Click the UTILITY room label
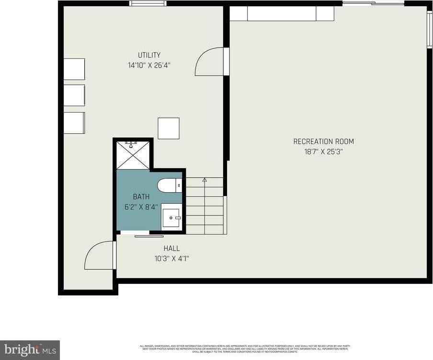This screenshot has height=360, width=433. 149,55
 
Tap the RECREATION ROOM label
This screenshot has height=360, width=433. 323,141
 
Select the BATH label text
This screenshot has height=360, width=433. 141,197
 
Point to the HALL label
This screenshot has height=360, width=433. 171,248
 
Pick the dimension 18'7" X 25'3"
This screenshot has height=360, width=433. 323,151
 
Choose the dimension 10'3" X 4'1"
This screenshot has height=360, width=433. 171,259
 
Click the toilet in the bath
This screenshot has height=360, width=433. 169,185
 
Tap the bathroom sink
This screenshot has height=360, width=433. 171,218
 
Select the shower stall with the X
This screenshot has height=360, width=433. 133,155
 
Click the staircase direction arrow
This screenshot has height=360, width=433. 205,180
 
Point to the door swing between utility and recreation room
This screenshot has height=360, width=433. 210,62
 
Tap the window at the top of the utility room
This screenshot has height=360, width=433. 148,3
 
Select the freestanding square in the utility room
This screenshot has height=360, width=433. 169,128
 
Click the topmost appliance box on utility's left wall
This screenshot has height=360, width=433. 74,69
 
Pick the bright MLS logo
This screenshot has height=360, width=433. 30,349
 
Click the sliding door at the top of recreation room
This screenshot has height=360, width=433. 374,3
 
